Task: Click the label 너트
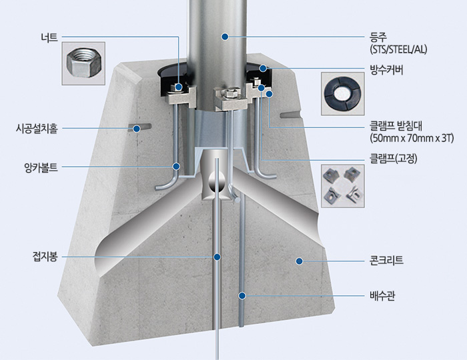pos(49,37)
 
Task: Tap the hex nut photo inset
pos(83,63)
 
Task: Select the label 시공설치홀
pos(36,129)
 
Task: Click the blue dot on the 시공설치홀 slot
pos(137,129)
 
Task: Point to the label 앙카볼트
pos(41,167)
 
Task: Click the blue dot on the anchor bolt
pos(177,166)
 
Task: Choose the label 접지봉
pos(45,257)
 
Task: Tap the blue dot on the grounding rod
pos(217,257)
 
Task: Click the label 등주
pos(378,37)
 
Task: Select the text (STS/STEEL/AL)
pos(398,49)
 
